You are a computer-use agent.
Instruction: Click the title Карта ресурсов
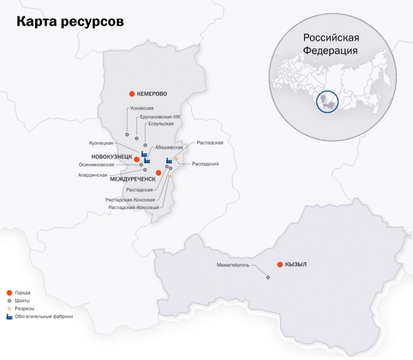pos(70,21)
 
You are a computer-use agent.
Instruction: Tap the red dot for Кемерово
pos(131,94)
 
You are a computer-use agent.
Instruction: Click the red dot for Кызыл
pos(280,265)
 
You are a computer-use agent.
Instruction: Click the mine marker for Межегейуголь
pos(268,277)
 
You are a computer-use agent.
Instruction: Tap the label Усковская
pos(142,109)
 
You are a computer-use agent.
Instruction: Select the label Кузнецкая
pos(101,143)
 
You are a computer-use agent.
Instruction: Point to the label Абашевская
pos(169,147)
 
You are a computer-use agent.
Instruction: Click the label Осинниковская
pos(96,164)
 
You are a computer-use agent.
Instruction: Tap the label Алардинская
pos(93,175)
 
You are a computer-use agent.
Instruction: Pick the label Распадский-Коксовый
pos(133,207)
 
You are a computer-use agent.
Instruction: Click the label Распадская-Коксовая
pos(133,200)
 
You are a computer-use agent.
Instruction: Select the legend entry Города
pos(22,293)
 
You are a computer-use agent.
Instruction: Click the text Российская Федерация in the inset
pos(331,44)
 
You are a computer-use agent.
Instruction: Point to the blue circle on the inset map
pos(327,101)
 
